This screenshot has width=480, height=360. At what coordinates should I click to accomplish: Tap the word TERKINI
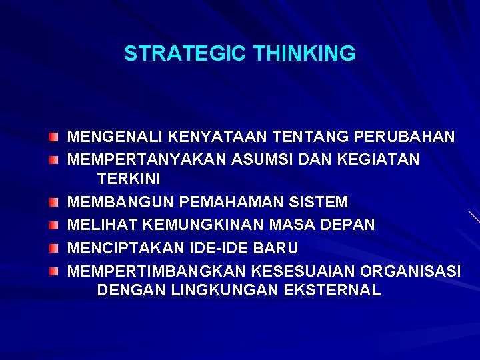[129, 179]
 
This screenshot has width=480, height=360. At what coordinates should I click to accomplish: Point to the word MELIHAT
[98, 225]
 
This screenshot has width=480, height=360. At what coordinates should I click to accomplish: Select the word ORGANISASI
[410, 271]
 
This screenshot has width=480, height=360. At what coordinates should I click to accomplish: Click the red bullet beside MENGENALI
[53, 137]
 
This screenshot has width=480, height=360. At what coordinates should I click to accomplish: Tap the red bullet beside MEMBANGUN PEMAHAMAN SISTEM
[53, 201]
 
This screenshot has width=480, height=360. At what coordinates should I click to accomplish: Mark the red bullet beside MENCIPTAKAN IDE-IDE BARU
[53, 248]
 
